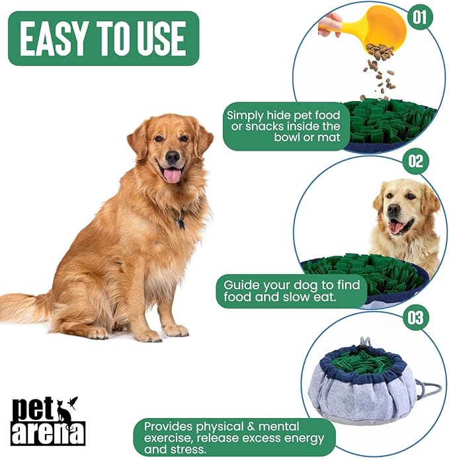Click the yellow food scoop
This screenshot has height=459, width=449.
(x=377, y=26)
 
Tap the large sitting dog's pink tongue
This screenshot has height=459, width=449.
(x=172, y=175)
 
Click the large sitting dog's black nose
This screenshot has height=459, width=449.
(x=173, y=157)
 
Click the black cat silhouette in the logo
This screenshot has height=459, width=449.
(x=65, y=412)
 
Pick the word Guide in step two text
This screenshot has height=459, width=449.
(x=241, y=285)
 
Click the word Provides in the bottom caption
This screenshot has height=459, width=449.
(x=171, y=427)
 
